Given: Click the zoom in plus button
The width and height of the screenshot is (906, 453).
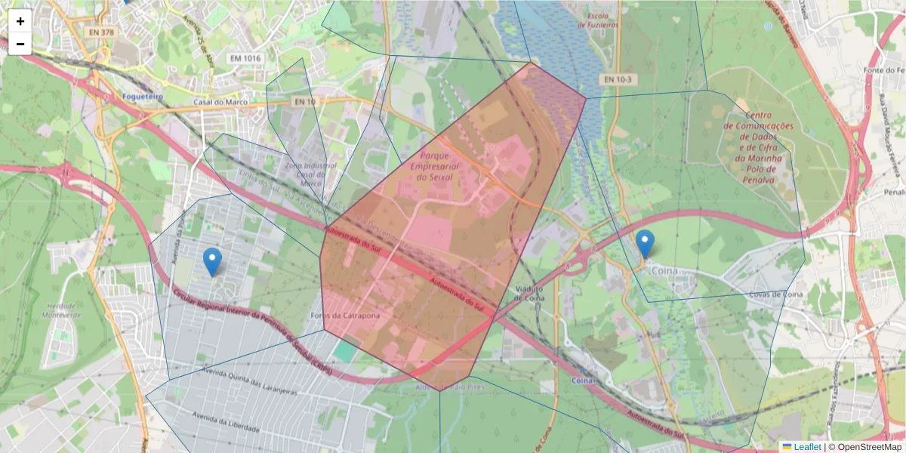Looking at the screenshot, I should (20, 21).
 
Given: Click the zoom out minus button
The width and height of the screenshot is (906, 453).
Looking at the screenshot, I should (20, 44).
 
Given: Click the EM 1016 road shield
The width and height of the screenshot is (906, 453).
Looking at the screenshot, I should (245, 58).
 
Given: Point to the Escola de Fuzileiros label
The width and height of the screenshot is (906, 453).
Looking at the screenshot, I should (598, 20).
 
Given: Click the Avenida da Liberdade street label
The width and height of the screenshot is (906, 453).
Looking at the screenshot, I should (226, 422).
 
